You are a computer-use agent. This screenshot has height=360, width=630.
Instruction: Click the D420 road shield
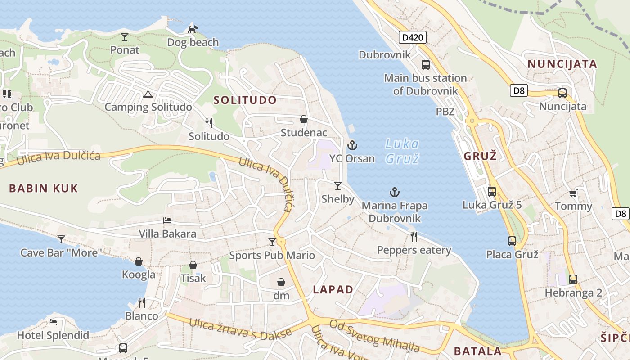click(412, 37)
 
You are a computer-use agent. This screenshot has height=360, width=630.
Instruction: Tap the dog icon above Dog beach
click(193, 29)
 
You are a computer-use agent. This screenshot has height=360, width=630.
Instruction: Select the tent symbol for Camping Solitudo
click(148, 94)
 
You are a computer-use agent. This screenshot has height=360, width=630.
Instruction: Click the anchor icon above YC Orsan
click(352, 145)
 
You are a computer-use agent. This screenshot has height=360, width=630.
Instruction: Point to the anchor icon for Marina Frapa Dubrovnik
click(394, 193)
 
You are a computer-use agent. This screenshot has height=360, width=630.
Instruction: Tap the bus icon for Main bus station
click(425, 65)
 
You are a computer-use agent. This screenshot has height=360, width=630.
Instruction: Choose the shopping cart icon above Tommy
click(573, 193)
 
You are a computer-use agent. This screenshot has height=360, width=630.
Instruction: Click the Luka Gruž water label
click(402, 151)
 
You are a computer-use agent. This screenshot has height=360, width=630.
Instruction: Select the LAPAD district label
click(333, 290)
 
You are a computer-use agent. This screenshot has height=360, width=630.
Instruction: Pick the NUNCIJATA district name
click(562, 64)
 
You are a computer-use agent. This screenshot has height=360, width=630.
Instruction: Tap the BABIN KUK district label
click(44, 188)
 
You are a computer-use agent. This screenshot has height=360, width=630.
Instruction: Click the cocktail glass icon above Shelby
click(337, 185)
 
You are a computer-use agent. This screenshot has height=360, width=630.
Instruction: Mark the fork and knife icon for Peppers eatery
click(414, 237)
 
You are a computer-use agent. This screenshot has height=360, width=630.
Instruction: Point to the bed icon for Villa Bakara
click(167, 220)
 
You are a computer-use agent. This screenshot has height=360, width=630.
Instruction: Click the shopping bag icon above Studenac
click(304, 119)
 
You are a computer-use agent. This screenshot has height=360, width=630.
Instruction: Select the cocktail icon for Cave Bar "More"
click(61, 239)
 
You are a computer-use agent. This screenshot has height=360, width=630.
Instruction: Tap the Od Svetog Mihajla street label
click(374, 336)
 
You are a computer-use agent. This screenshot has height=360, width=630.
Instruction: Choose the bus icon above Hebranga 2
click(573, 279)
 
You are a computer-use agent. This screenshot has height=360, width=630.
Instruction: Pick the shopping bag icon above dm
click(281, 282)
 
